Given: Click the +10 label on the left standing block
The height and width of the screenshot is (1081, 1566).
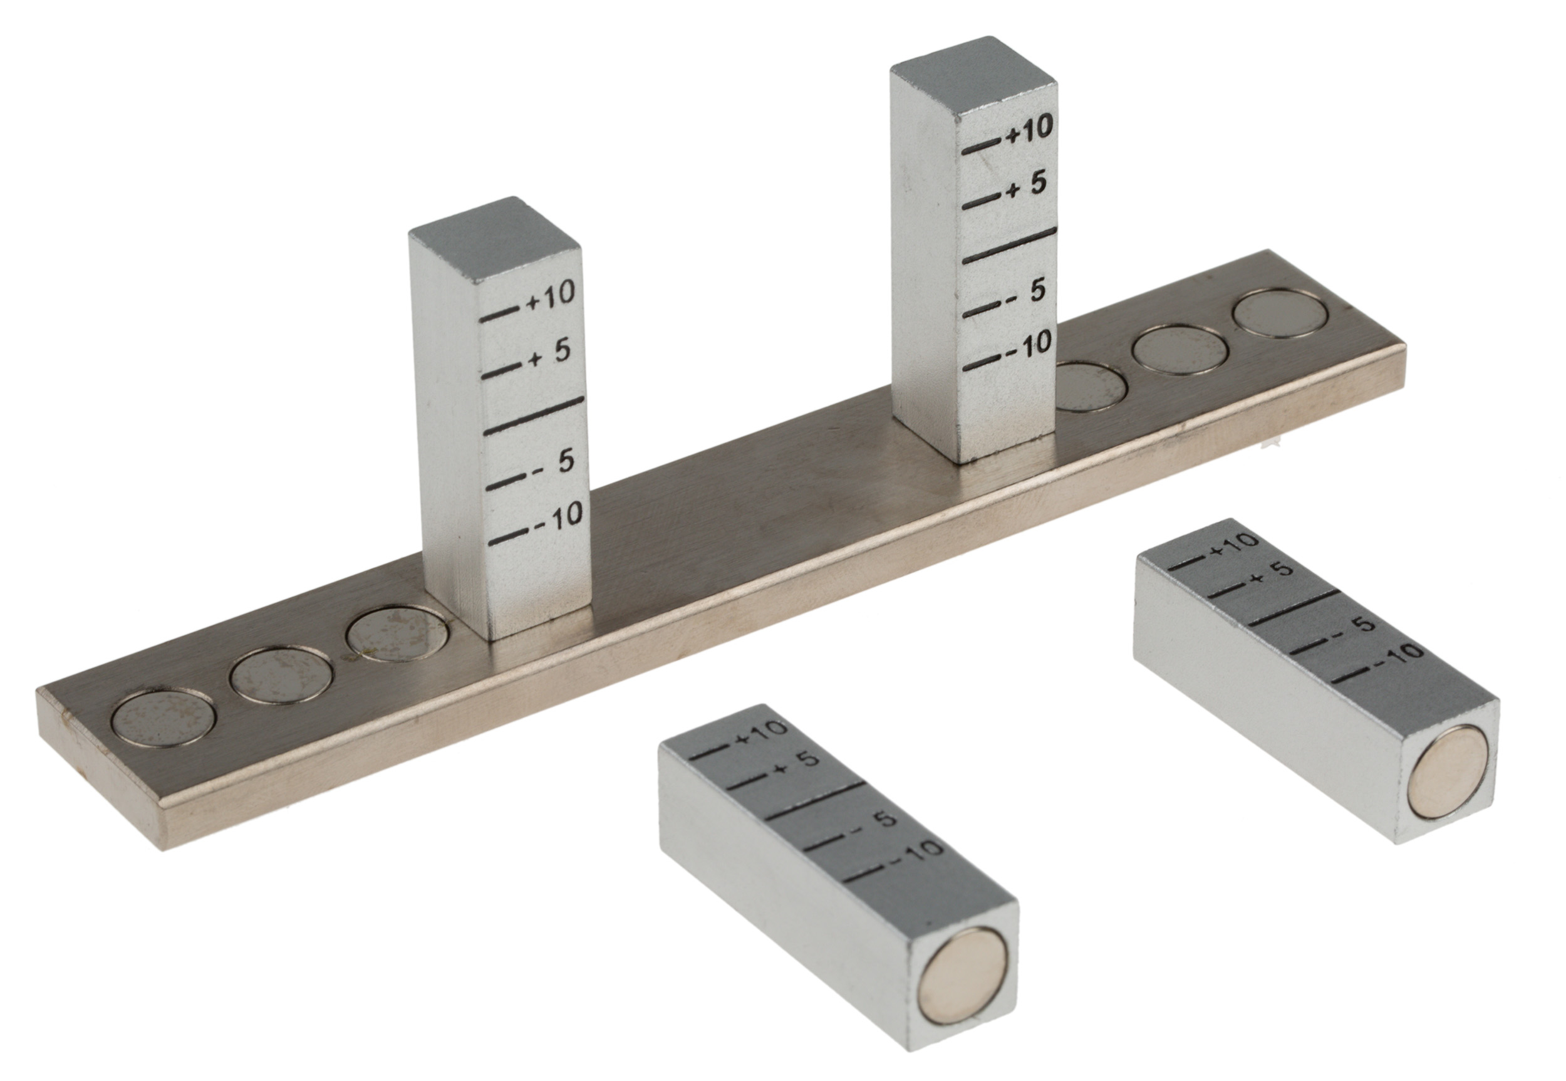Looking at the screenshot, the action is pyautogui.click(x=551, y=296).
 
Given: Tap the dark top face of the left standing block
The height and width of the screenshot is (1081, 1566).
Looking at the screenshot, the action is pyautogui.click(x=494, y=241).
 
